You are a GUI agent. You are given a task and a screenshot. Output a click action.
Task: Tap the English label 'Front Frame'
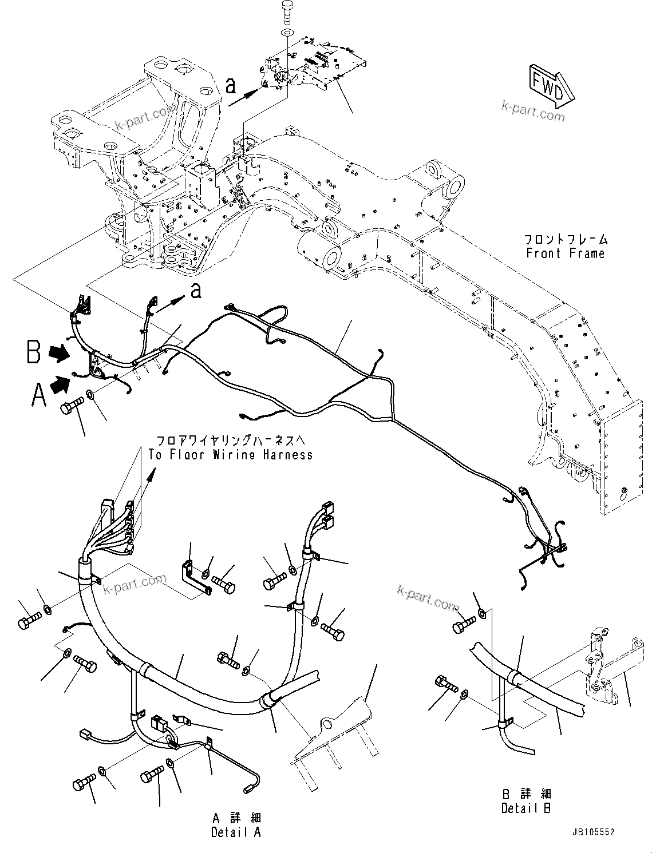(x=566, y=253)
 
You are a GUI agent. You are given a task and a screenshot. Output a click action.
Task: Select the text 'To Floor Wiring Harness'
(x=231, y=455)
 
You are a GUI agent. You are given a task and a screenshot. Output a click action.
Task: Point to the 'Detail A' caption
(x=236, y=832)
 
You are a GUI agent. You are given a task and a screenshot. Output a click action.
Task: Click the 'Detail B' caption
(x=526, y=808)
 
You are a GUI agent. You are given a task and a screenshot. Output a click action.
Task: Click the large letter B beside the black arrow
(x=34, y=352)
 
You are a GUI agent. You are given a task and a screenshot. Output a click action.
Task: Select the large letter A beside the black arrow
(x=38, y=395)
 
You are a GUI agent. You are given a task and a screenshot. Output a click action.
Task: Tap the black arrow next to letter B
(x=59, y=354)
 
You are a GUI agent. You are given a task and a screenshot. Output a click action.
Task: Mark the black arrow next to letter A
(x=60, y=386)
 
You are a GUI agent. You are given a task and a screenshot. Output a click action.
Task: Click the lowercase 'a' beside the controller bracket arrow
(x=231, y=85)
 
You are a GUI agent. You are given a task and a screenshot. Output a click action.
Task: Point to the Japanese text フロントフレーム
(x=566, y=239)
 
